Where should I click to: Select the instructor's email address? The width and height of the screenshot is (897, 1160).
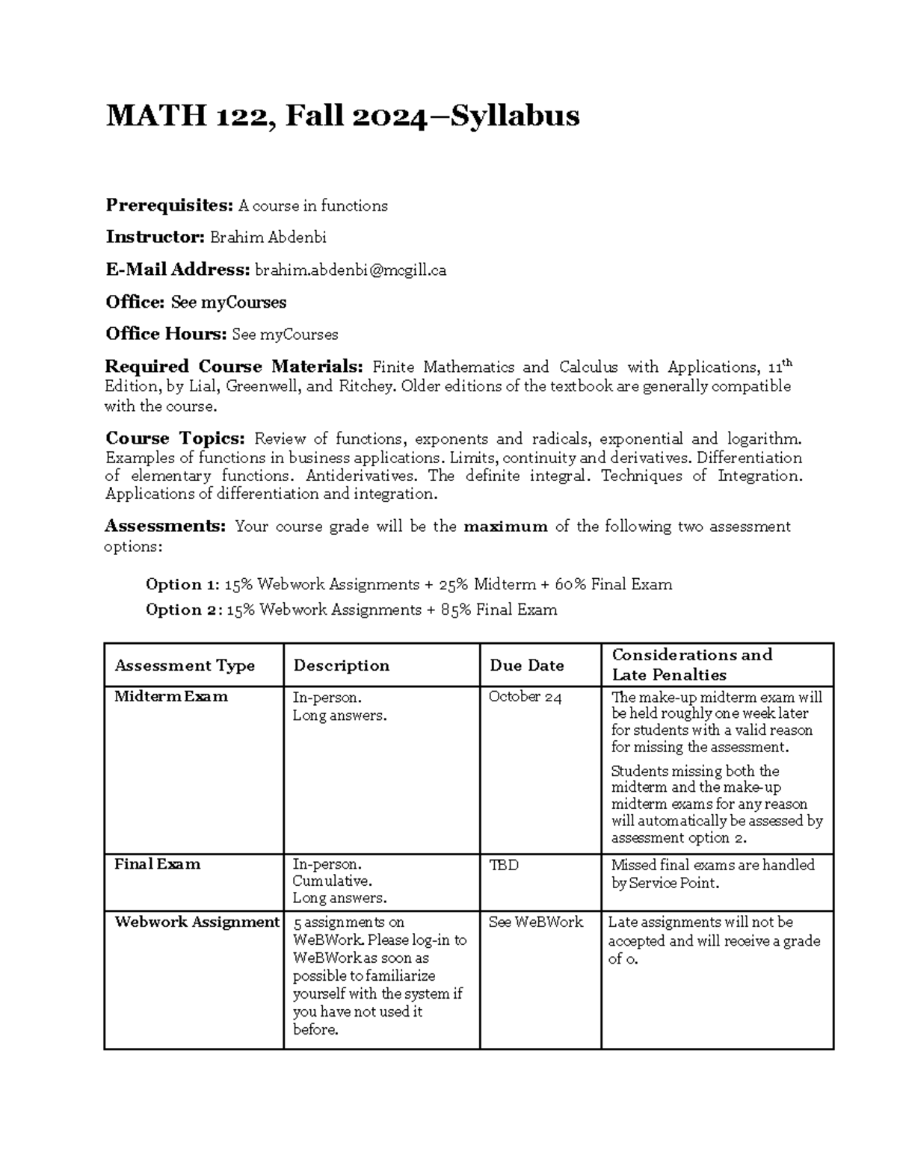[x=351, y=270]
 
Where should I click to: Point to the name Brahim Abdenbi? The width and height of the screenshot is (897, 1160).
[x=268, y=238]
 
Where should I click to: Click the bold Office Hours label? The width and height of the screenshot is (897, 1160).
[x=166, y=334]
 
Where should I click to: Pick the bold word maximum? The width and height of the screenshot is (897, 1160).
[x=506, y=527]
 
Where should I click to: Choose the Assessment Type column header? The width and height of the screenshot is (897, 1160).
[x=185, y=666]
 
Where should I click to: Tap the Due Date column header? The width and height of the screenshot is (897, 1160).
[x=526, y=666]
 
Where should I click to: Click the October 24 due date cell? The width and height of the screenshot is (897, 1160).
[x=525, y=697]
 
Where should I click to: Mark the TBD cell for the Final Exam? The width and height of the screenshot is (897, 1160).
[x=503, y=865]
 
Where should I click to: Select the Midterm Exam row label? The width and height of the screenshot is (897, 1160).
[x=171, y=697]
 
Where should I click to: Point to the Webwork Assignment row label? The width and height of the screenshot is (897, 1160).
[x=197, y=922]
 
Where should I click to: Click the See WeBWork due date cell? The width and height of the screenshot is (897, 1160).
[x=535, y=922]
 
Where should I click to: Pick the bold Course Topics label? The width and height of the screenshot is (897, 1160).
[x=175, y=438]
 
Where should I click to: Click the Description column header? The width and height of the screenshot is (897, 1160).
[x=341, y=666]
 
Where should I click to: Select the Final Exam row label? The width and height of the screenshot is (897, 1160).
[x=157, y=864]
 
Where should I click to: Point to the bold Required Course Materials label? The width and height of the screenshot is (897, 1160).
[x=234, y=367]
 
